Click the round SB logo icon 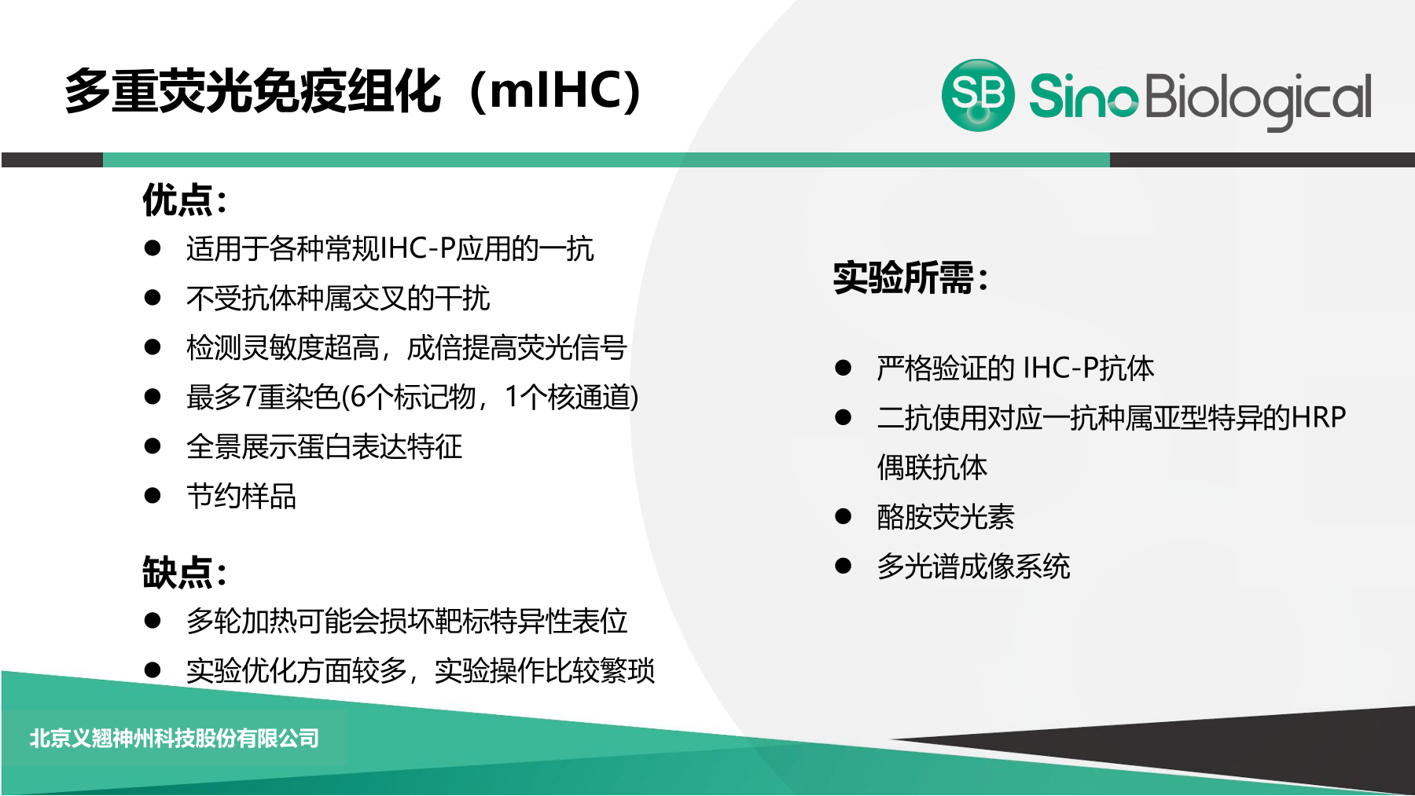(x=978, y=95)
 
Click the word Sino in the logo (x=1083, y=96)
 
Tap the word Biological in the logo (x=1259, y=100)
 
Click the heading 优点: (x=185, y=200)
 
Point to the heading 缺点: (x=185, y=572)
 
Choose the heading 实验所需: (x=910, y=277)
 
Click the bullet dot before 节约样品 (x=153, y=496)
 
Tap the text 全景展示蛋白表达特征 (x=324, y=446)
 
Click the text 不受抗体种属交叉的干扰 (x=338, y=298)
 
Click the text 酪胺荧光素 (x=946, y=516)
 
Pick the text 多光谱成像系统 (x=973, y=566)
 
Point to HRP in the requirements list (x=1318, y=417)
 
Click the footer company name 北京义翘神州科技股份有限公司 (x=175, y=739)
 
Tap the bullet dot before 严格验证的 (x=843, y=368)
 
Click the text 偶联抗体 (x=932, y=467)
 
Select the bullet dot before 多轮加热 (x=153, y=621)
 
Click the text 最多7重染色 (x=263, y=397)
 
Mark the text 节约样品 (x=241, y=496)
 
